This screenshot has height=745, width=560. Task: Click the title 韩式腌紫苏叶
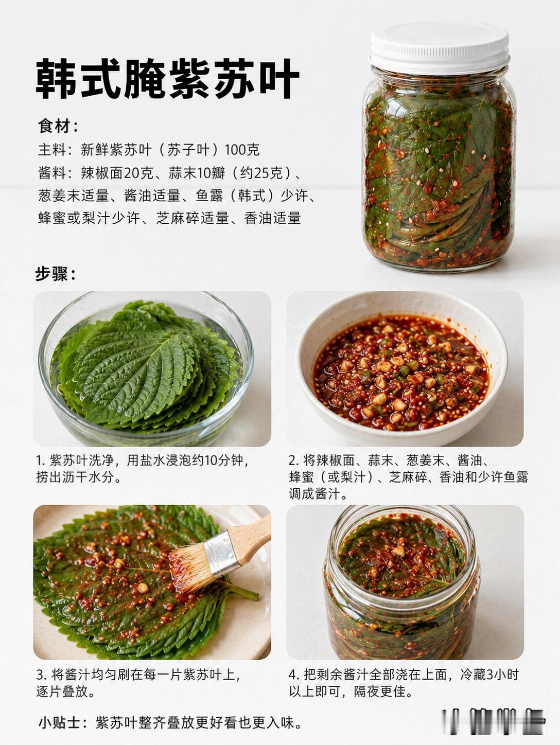pos(167,79)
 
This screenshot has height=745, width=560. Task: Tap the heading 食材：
pos(58,127)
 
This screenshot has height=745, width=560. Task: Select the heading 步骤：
pos(55,274)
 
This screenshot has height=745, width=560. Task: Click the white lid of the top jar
pos(440,47)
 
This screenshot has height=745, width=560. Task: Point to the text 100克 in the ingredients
pos(242,150)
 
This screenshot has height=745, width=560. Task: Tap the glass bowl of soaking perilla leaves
pos(146,368)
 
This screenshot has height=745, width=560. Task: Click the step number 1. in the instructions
pos(41,461)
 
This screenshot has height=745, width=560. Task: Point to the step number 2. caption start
pos(294,461)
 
